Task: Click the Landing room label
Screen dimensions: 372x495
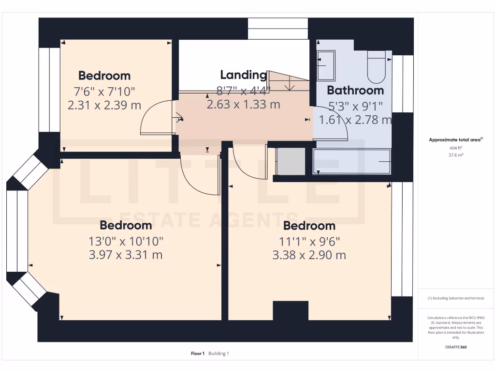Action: tap(243, 75)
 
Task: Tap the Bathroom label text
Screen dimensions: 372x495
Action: tap(355, 90)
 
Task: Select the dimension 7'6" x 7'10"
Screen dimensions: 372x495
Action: tap(104, 91)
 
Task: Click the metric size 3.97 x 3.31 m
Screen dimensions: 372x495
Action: tap(126, 255)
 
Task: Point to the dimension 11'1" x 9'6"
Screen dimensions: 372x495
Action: tap(309, 241)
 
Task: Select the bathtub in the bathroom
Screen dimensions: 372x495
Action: tap(352, 161)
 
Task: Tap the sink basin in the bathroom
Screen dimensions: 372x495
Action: tap(326, 65)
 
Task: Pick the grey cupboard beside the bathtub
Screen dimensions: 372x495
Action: tap(290, 161)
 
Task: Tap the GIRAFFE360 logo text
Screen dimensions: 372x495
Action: tap(455, 347)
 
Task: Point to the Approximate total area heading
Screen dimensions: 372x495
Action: tap(455, 140)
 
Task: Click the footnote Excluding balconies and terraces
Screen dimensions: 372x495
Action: tap(455, 298)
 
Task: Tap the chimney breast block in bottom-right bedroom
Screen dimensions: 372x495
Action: tap(291, 310)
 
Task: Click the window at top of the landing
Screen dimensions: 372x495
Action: tap(278, 29)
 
